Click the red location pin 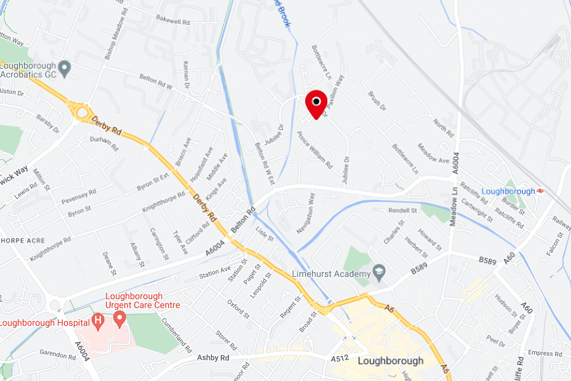tap(316, 104)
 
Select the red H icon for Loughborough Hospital tap(98, 321)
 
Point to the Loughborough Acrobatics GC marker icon tap(63, 67)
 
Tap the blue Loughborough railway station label tap(508, 191)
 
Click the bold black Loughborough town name tap(390, 361)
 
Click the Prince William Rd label tap(315, 149)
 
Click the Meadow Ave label tap(433, 156)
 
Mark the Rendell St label tap(403, 210)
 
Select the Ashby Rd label tap(213, 358)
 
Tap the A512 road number tap(340, 359)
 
